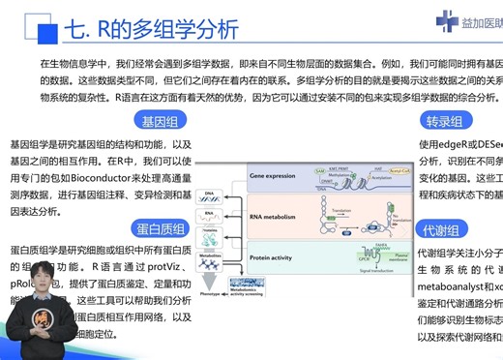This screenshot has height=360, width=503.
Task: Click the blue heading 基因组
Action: tap(163, 122)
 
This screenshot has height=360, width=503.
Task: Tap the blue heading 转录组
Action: tap(444, 122)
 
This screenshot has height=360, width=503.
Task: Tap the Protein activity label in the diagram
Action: tap(276, 257)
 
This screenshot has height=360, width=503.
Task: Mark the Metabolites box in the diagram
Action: tap(210, 257)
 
